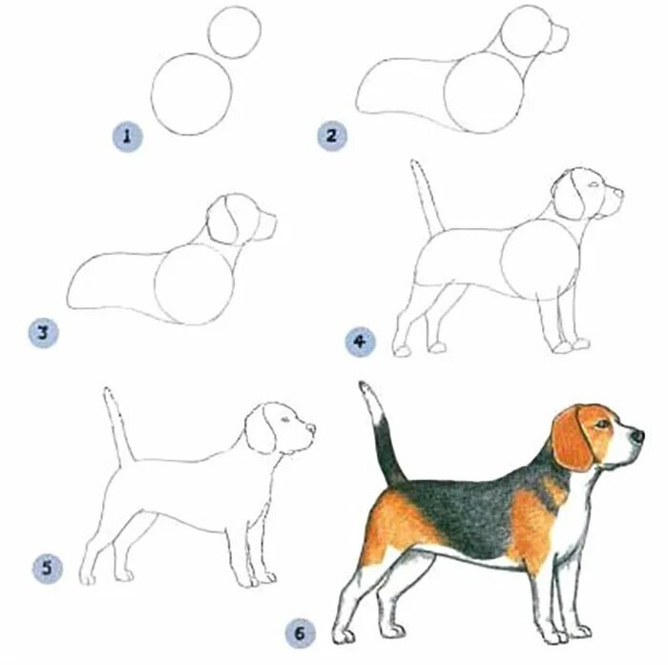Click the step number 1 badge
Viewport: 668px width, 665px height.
tap(127, 136)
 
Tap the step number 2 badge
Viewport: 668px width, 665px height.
tap(332, 135)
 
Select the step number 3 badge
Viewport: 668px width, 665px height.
tap(44, 333)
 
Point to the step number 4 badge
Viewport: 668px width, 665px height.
tap(361, 342)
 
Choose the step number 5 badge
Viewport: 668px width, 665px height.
tap(48, 569)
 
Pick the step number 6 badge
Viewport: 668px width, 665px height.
tap(301, 634)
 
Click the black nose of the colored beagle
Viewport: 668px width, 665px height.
tap(637, 435)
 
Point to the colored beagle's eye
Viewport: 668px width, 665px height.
tap(602, 424)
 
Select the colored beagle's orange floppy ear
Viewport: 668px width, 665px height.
tap(573, 440)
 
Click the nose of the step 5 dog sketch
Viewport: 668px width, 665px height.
tap(312, 428)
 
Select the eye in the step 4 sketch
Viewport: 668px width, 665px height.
tap(593, 185)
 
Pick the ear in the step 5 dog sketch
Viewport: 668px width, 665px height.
tap(261, 429)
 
